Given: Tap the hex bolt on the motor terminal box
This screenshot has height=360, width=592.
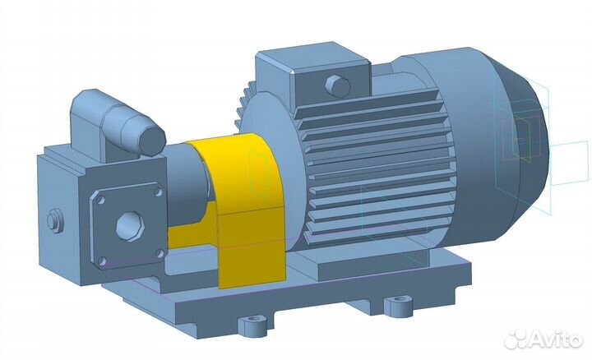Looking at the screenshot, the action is coord(338,86).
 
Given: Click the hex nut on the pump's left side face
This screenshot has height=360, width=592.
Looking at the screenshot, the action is coord(55,220).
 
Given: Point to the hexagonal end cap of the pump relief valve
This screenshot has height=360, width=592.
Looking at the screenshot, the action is coord(152,140).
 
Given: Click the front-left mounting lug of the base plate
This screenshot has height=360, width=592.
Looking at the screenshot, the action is coord(252,325).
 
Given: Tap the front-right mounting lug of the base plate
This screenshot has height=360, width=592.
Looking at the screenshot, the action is coord(399,306).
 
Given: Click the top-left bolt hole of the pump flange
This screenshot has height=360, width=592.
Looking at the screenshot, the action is coord(101,200).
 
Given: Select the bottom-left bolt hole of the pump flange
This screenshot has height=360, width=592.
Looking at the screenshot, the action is coord(102,261).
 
